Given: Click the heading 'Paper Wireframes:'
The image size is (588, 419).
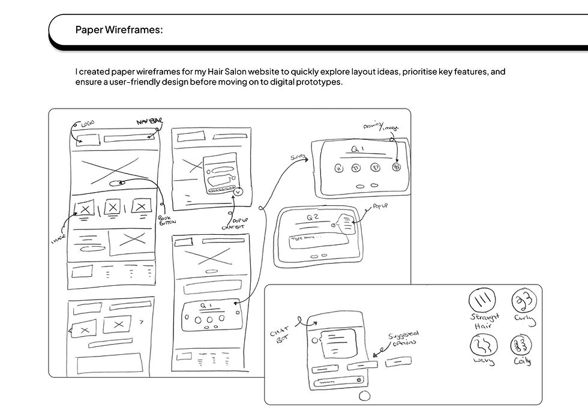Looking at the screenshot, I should coord(119,30).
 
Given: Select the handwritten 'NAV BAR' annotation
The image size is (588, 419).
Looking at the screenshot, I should coord(149,122).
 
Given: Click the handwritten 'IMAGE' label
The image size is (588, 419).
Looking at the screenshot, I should coord(58,240).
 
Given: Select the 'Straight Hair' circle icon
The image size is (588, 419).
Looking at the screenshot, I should coord(482,298).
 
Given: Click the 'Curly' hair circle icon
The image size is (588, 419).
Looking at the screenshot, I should coord(523,300).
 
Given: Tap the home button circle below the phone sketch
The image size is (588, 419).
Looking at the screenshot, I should coord(364,397).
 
